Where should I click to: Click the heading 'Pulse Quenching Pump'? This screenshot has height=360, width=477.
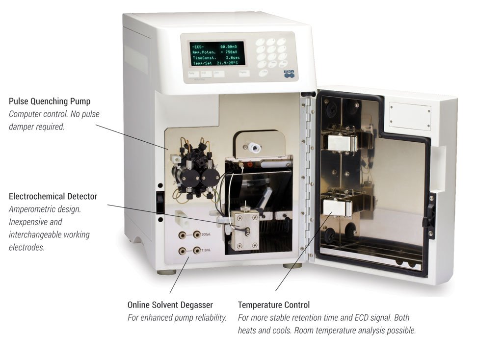[50, 102]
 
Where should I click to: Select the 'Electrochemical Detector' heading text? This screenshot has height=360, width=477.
[53, 196]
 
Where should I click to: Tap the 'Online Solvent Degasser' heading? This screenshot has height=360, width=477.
[170, 305]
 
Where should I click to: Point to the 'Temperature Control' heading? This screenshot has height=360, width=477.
[274, 305]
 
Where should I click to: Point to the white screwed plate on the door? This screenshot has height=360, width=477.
[410, 115]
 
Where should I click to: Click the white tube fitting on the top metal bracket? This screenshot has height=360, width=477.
[254, 146]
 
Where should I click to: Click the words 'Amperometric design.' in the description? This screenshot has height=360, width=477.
[45, 209]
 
